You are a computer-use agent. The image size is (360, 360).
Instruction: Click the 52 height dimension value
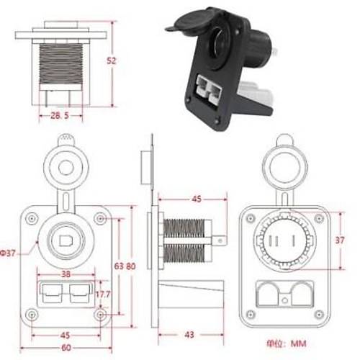(112, 62)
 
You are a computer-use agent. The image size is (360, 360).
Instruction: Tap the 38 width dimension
(66, 275)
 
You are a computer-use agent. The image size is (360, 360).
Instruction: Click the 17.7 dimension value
(102, 294)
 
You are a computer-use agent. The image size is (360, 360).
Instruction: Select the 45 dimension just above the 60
(66, 335)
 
